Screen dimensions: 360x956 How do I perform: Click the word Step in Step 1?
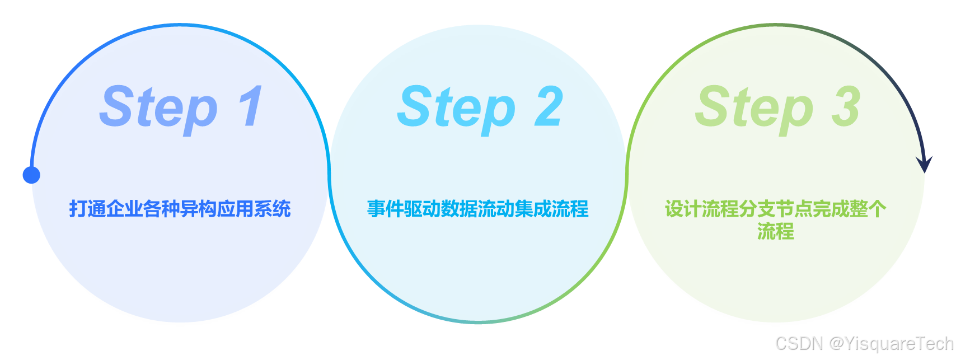pos(158,107)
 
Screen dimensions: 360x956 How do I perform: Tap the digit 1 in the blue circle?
pos(250,106)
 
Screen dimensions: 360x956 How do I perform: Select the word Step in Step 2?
pos(456,107)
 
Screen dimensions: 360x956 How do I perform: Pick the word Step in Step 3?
pos(754,107)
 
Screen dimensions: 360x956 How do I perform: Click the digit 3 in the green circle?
pos(846,106)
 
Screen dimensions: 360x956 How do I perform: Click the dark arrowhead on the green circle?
pos(924,164)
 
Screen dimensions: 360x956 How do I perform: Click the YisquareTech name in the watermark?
pos(898,343)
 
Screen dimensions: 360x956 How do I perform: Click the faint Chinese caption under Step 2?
pos(478,209)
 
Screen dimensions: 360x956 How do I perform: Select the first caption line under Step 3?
pos(775,209)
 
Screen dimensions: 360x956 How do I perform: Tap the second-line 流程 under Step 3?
pos(775,231)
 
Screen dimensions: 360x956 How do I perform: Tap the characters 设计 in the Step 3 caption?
pos(683,209)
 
